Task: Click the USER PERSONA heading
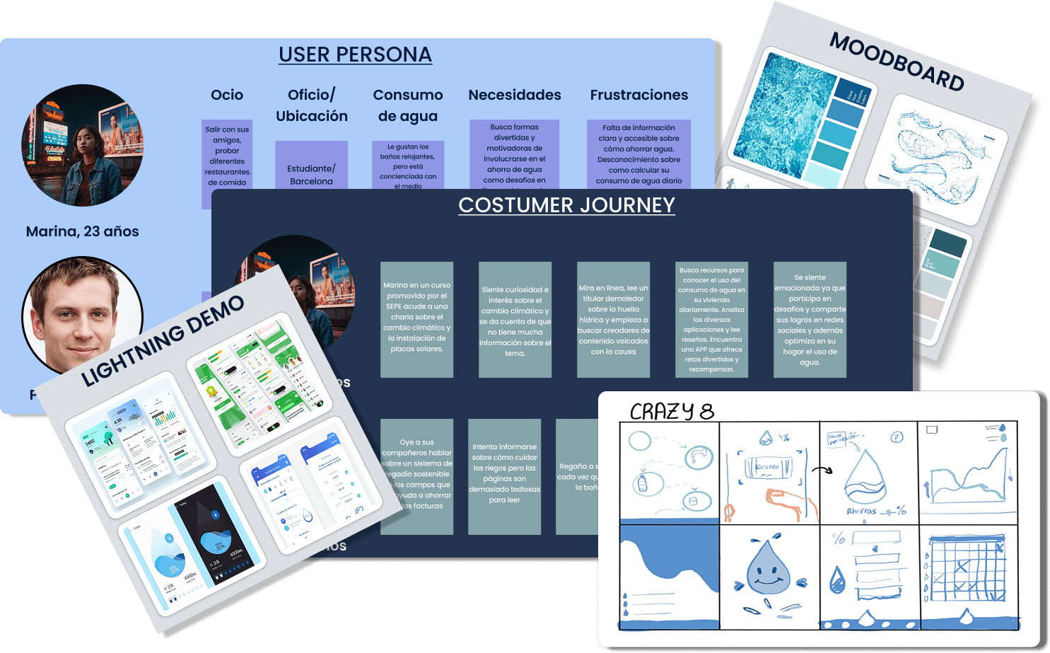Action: pos(355,54)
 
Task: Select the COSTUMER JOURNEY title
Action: pos(566,205)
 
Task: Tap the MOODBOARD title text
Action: pos(897,62)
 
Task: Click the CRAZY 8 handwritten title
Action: pos(671,411)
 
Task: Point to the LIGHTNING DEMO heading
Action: pos(163,341)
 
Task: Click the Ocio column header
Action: pos(227,95)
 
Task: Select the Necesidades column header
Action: pos(514,95)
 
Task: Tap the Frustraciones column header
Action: pos(638,95)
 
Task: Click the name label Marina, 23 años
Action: pos(82,231)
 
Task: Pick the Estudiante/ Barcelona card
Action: pos(311,170)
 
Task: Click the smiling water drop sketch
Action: pos(769,569)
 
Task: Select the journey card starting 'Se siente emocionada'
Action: pos(810,320)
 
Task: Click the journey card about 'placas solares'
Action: pos(416,318)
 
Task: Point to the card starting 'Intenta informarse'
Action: pos(504,474)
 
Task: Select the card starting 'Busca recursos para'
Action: pos(711,320)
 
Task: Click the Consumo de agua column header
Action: pos(408,105)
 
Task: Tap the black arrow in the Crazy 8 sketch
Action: pos(822,470)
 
